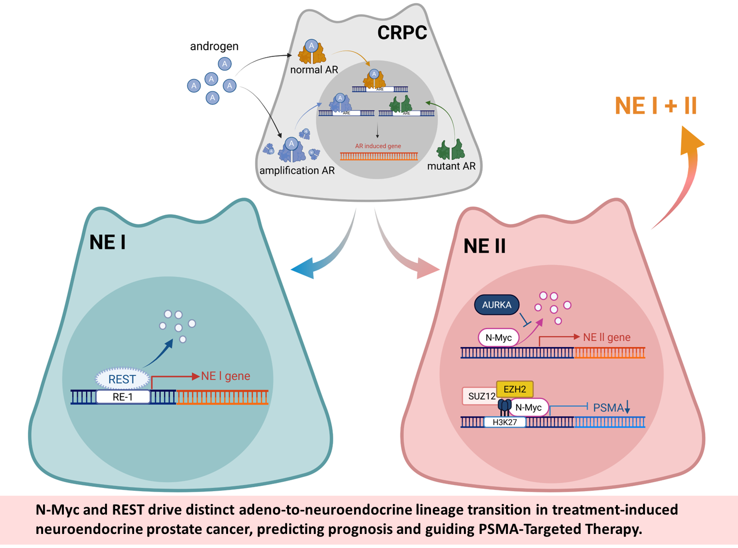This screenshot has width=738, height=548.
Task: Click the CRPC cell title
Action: point(402,33)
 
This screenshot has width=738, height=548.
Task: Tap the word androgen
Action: point(214,46)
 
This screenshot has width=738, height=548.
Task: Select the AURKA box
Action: point(497,305)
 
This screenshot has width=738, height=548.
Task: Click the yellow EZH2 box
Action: point(515,389)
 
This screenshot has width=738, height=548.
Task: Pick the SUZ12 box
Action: point(480,396)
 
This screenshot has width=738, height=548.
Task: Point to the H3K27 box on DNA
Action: point(505,422)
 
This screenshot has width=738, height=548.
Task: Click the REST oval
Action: point(122,379)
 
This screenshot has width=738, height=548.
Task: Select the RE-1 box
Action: point(123,397)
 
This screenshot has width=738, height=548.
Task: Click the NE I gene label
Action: point(226,376)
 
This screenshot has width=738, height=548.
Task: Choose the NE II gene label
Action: point(607,337)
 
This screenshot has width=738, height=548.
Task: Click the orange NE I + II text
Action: point(656,106)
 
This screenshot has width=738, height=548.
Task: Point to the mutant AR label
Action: point(451,166)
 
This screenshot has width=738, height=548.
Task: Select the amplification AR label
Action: point(297,170)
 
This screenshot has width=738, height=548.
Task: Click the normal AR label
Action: point(314,70)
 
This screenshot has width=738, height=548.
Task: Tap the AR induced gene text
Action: point(378,146)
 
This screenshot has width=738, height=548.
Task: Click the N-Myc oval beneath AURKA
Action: point(499,337)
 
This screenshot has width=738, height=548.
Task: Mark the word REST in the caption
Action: point(128,510)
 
